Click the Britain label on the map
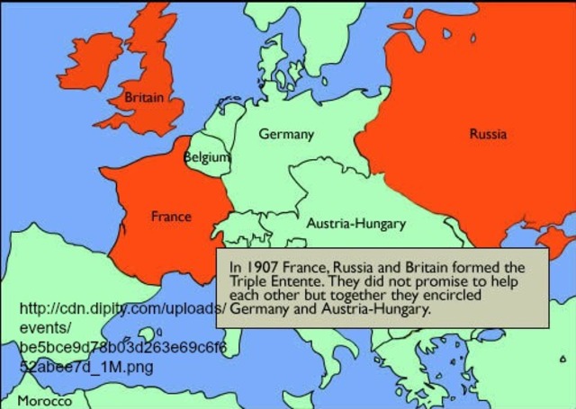(x=144, y=97)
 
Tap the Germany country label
(x=286, y=134)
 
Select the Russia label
(x=488, y=134)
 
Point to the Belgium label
(x=206, y=157)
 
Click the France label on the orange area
(x=171, y=217)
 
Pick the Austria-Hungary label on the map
(x=356, y=223)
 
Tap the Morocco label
(x=44, y=401)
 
